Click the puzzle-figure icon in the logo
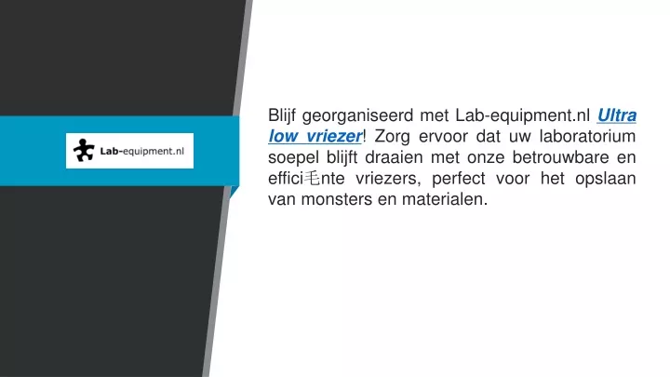click(x=84, y=151)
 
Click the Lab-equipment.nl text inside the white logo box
click(x=141, y=152)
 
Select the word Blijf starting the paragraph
click(x=282, y=115)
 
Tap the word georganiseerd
click(x=357, y=116)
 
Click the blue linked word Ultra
click(x=617, y=115)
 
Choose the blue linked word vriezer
click(x=334, y=136)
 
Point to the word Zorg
click(x=392, y=137)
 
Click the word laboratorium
click(x=587, y=136)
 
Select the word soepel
click(x=293, y=157)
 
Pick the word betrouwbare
click(x=560, y=157)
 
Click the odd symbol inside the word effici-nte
click(x=312, y=178)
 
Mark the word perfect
click(x=458, y=179)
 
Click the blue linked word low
click(x=283, y=136)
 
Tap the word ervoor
click(x=443, y=137)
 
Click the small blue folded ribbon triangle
click(x=234, y=191)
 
